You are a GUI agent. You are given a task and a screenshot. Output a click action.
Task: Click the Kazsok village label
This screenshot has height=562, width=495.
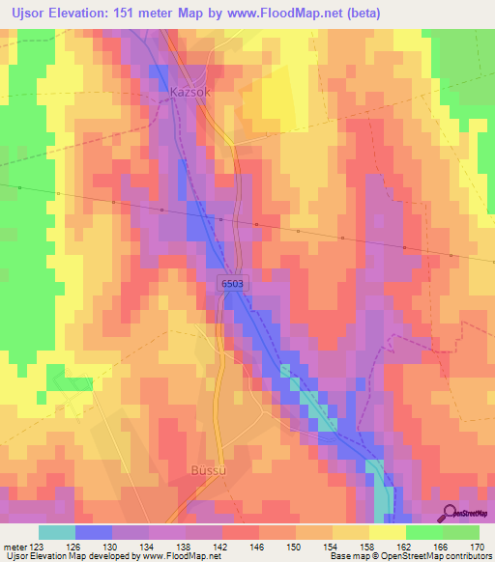click(x=189, y=93)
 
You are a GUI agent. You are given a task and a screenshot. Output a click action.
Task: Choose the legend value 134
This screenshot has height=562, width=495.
click(x=149, y=547)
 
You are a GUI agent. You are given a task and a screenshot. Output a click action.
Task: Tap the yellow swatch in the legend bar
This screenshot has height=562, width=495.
click(x=387, y=532)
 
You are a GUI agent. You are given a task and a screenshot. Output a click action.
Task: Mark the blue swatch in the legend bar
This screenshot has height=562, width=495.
click(x=93, y=532)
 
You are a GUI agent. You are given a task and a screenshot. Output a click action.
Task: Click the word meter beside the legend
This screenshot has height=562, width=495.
click(x=14, y=547)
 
